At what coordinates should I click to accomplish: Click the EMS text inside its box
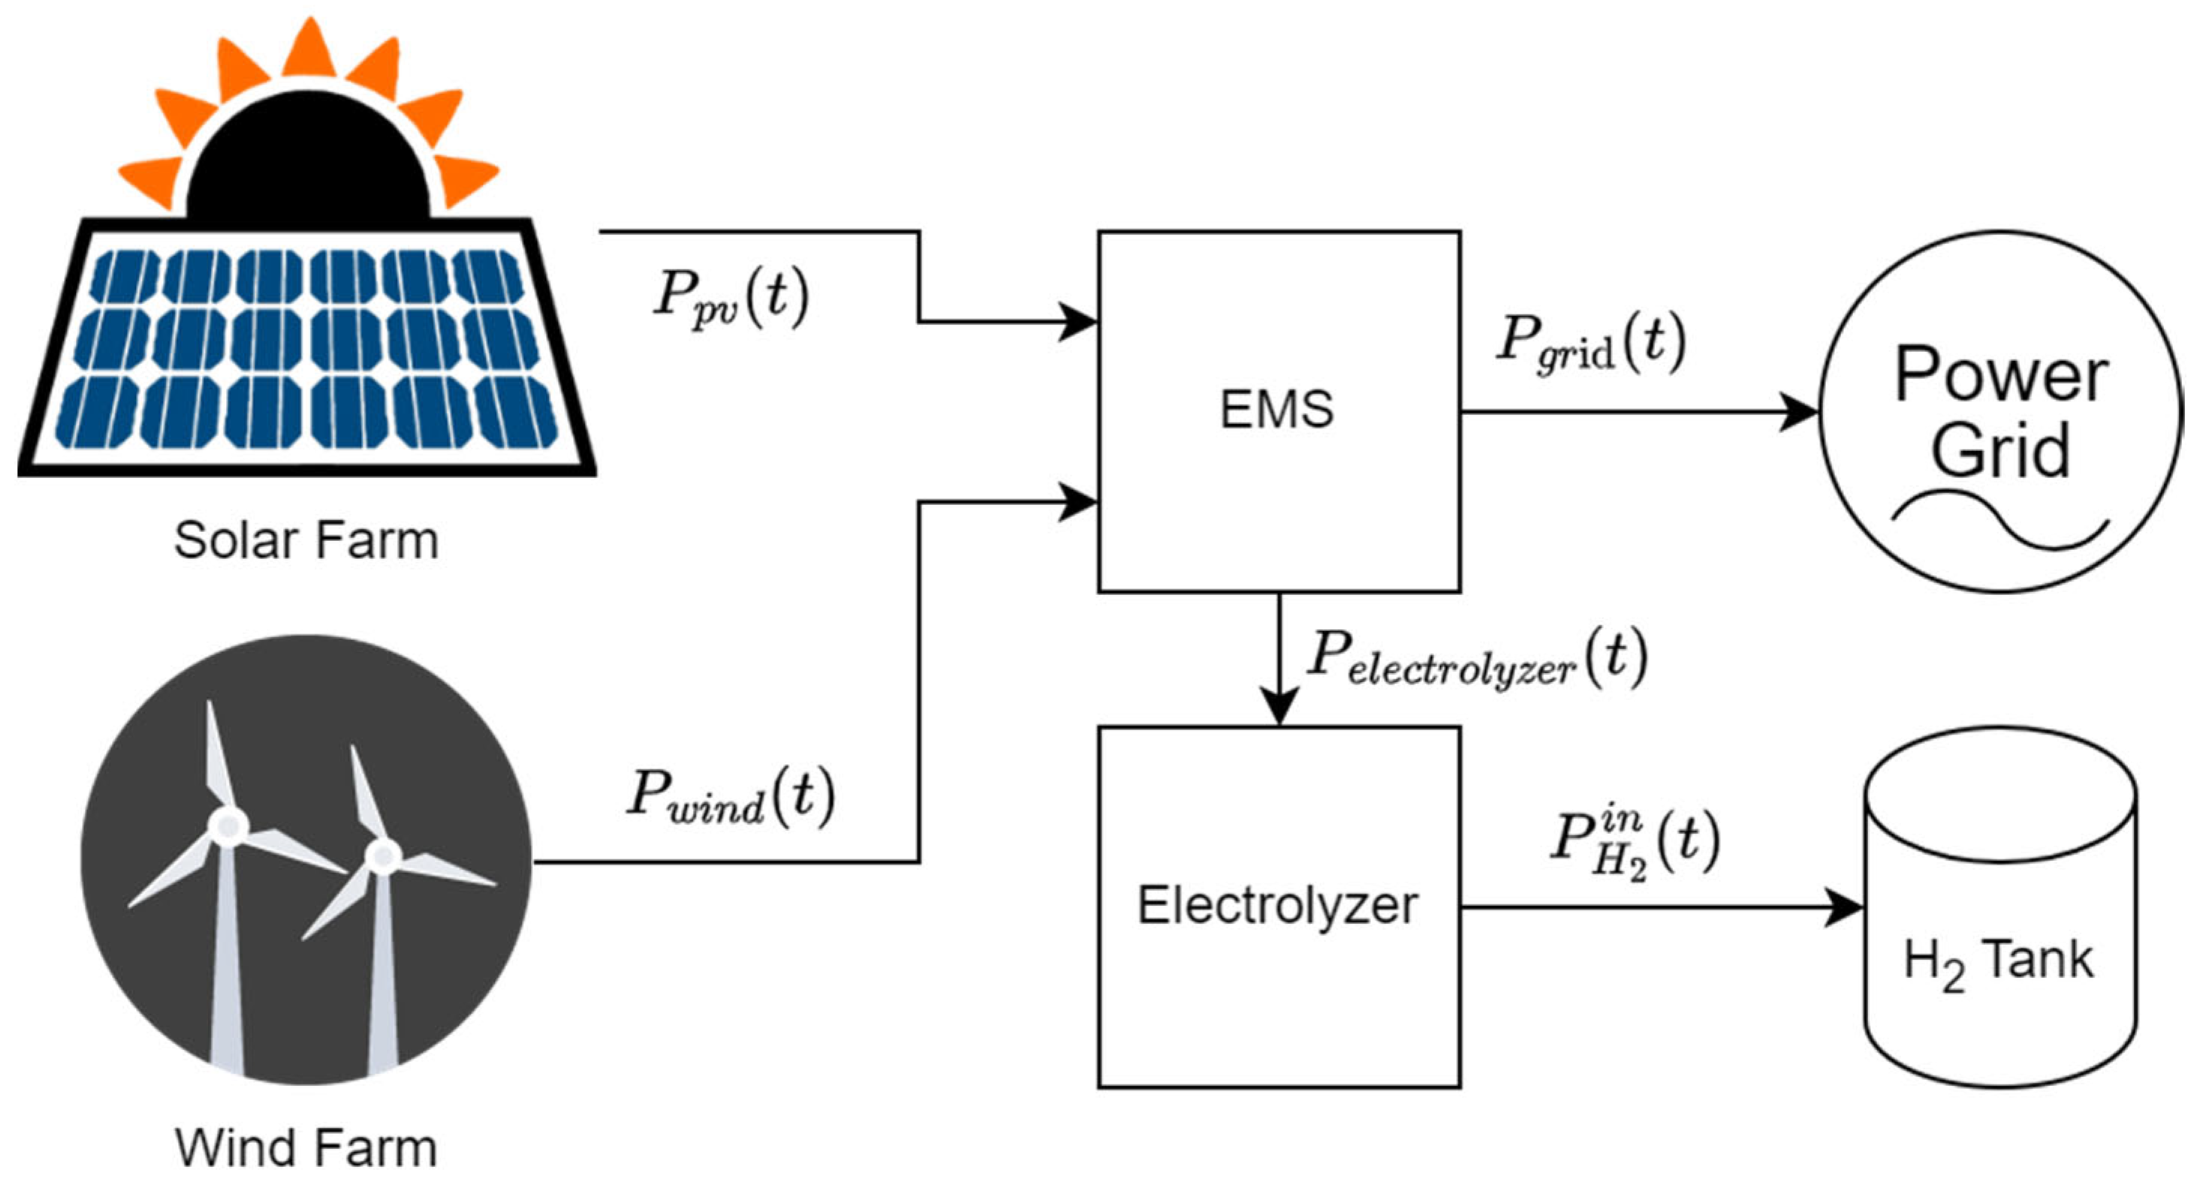(1276, 409)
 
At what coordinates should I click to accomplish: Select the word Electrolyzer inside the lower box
(1276, 905)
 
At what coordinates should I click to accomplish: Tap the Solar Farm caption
(306, 540)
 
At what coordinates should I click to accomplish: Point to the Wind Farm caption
(306, 1147)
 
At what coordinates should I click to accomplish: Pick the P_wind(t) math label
(730, 796)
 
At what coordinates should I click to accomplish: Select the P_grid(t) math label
(1590, 343)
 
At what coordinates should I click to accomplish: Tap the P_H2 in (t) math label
(1633, 844)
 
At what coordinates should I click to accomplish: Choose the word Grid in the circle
(2001, 450)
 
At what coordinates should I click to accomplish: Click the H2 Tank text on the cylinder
(1997, 961)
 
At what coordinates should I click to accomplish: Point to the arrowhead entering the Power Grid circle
(1801, 413)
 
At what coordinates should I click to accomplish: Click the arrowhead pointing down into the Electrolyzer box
(1279, 708)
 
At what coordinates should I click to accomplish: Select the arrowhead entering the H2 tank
(1846, 908)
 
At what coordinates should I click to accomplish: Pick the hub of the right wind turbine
(383, 854)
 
